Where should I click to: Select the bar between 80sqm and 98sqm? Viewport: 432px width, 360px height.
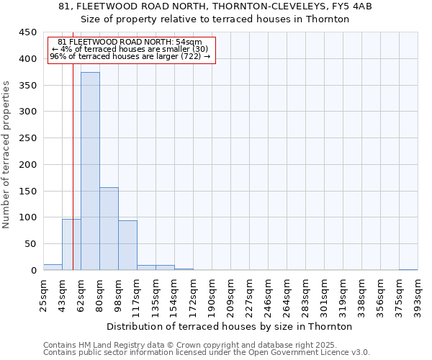point(109,229)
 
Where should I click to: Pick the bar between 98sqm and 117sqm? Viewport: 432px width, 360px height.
point(127,246)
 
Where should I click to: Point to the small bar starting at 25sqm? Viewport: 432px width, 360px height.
point(53,267)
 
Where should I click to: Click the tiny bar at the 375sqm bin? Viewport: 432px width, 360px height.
point(408,269)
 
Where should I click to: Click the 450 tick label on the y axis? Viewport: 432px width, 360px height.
point(28,32)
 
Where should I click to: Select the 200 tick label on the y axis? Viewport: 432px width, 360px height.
point(28,165)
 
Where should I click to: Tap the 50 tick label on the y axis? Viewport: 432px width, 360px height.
point(31,244)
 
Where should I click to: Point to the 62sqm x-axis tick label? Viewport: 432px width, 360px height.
point(81,292)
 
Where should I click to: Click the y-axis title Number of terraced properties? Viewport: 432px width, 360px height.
point(7,155)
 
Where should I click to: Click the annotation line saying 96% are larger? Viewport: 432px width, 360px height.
point(130,56)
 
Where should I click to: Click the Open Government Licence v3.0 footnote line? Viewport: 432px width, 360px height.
point(207,352)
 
